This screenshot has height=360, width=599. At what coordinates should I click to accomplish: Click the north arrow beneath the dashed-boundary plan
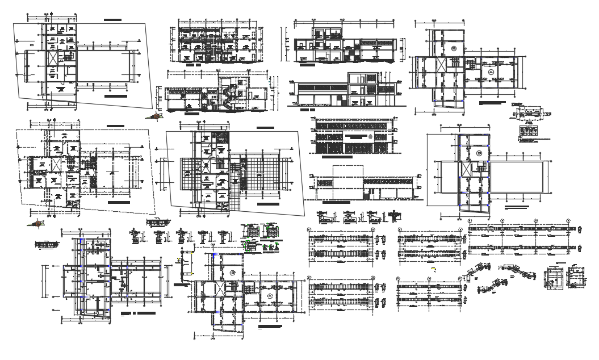pyautogui.click(x=37, y=223)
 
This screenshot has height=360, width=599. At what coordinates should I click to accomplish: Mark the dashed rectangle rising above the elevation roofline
pyautogui.click(x=347, y=180)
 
